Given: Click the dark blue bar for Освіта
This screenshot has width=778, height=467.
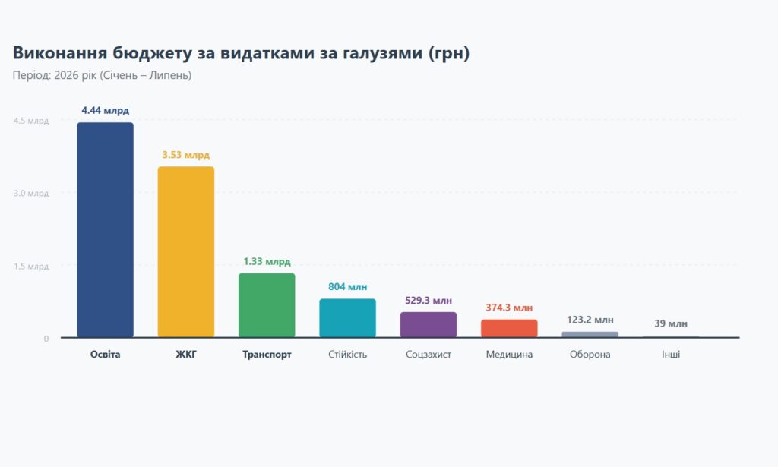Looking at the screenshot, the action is pos(105,230).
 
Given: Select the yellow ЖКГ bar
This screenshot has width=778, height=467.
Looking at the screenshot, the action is pos(186,252).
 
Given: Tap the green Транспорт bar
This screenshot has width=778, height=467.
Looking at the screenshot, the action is pos(267,305).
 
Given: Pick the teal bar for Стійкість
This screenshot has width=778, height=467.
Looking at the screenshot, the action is pos(347,317).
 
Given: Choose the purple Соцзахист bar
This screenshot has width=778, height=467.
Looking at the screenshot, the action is pos(429,325).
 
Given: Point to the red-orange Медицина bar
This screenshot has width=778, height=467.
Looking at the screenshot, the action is pos(509,328).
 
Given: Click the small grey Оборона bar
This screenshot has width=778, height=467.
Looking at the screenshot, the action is pos(590,335).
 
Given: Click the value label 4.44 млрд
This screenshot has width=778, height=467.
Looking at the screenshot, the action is pos(105,110).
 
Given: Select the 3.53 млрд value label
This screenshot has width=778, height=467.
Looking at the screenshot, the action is pos(186,155).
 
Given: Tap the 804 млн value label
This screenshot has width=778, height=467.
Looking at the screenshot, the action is pos(347,286).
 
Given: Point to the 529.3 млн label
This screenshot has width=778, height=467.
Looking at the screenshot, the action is pos(429,301).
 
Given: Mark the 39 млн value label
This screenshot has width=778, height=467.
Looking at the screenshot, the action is pos(671,323).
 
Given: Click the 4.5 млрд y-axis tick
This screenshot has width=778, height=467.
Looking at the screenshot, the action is pos(31,121).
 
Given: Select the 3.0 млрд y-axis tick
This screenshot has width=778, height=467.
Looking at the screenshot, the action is pos(31,194).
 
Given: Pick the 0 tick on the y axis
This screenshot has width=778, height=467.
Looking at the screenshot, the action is pos(46,339).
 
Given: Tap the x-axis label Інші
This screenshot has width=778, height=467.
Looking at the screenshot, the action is pos(671,355).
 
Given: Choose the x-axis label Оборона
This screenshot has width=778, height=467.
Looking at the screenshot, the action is pos(590,355).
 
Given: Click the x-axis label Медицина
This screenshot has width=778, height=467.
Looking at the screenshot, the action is pos(509,355).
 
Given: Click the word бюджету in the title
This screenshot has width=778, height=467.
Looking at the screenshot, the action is pos(152,53).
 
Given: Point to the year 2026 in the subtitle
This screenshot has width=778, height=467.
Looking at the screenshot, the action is pos(65,75).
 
